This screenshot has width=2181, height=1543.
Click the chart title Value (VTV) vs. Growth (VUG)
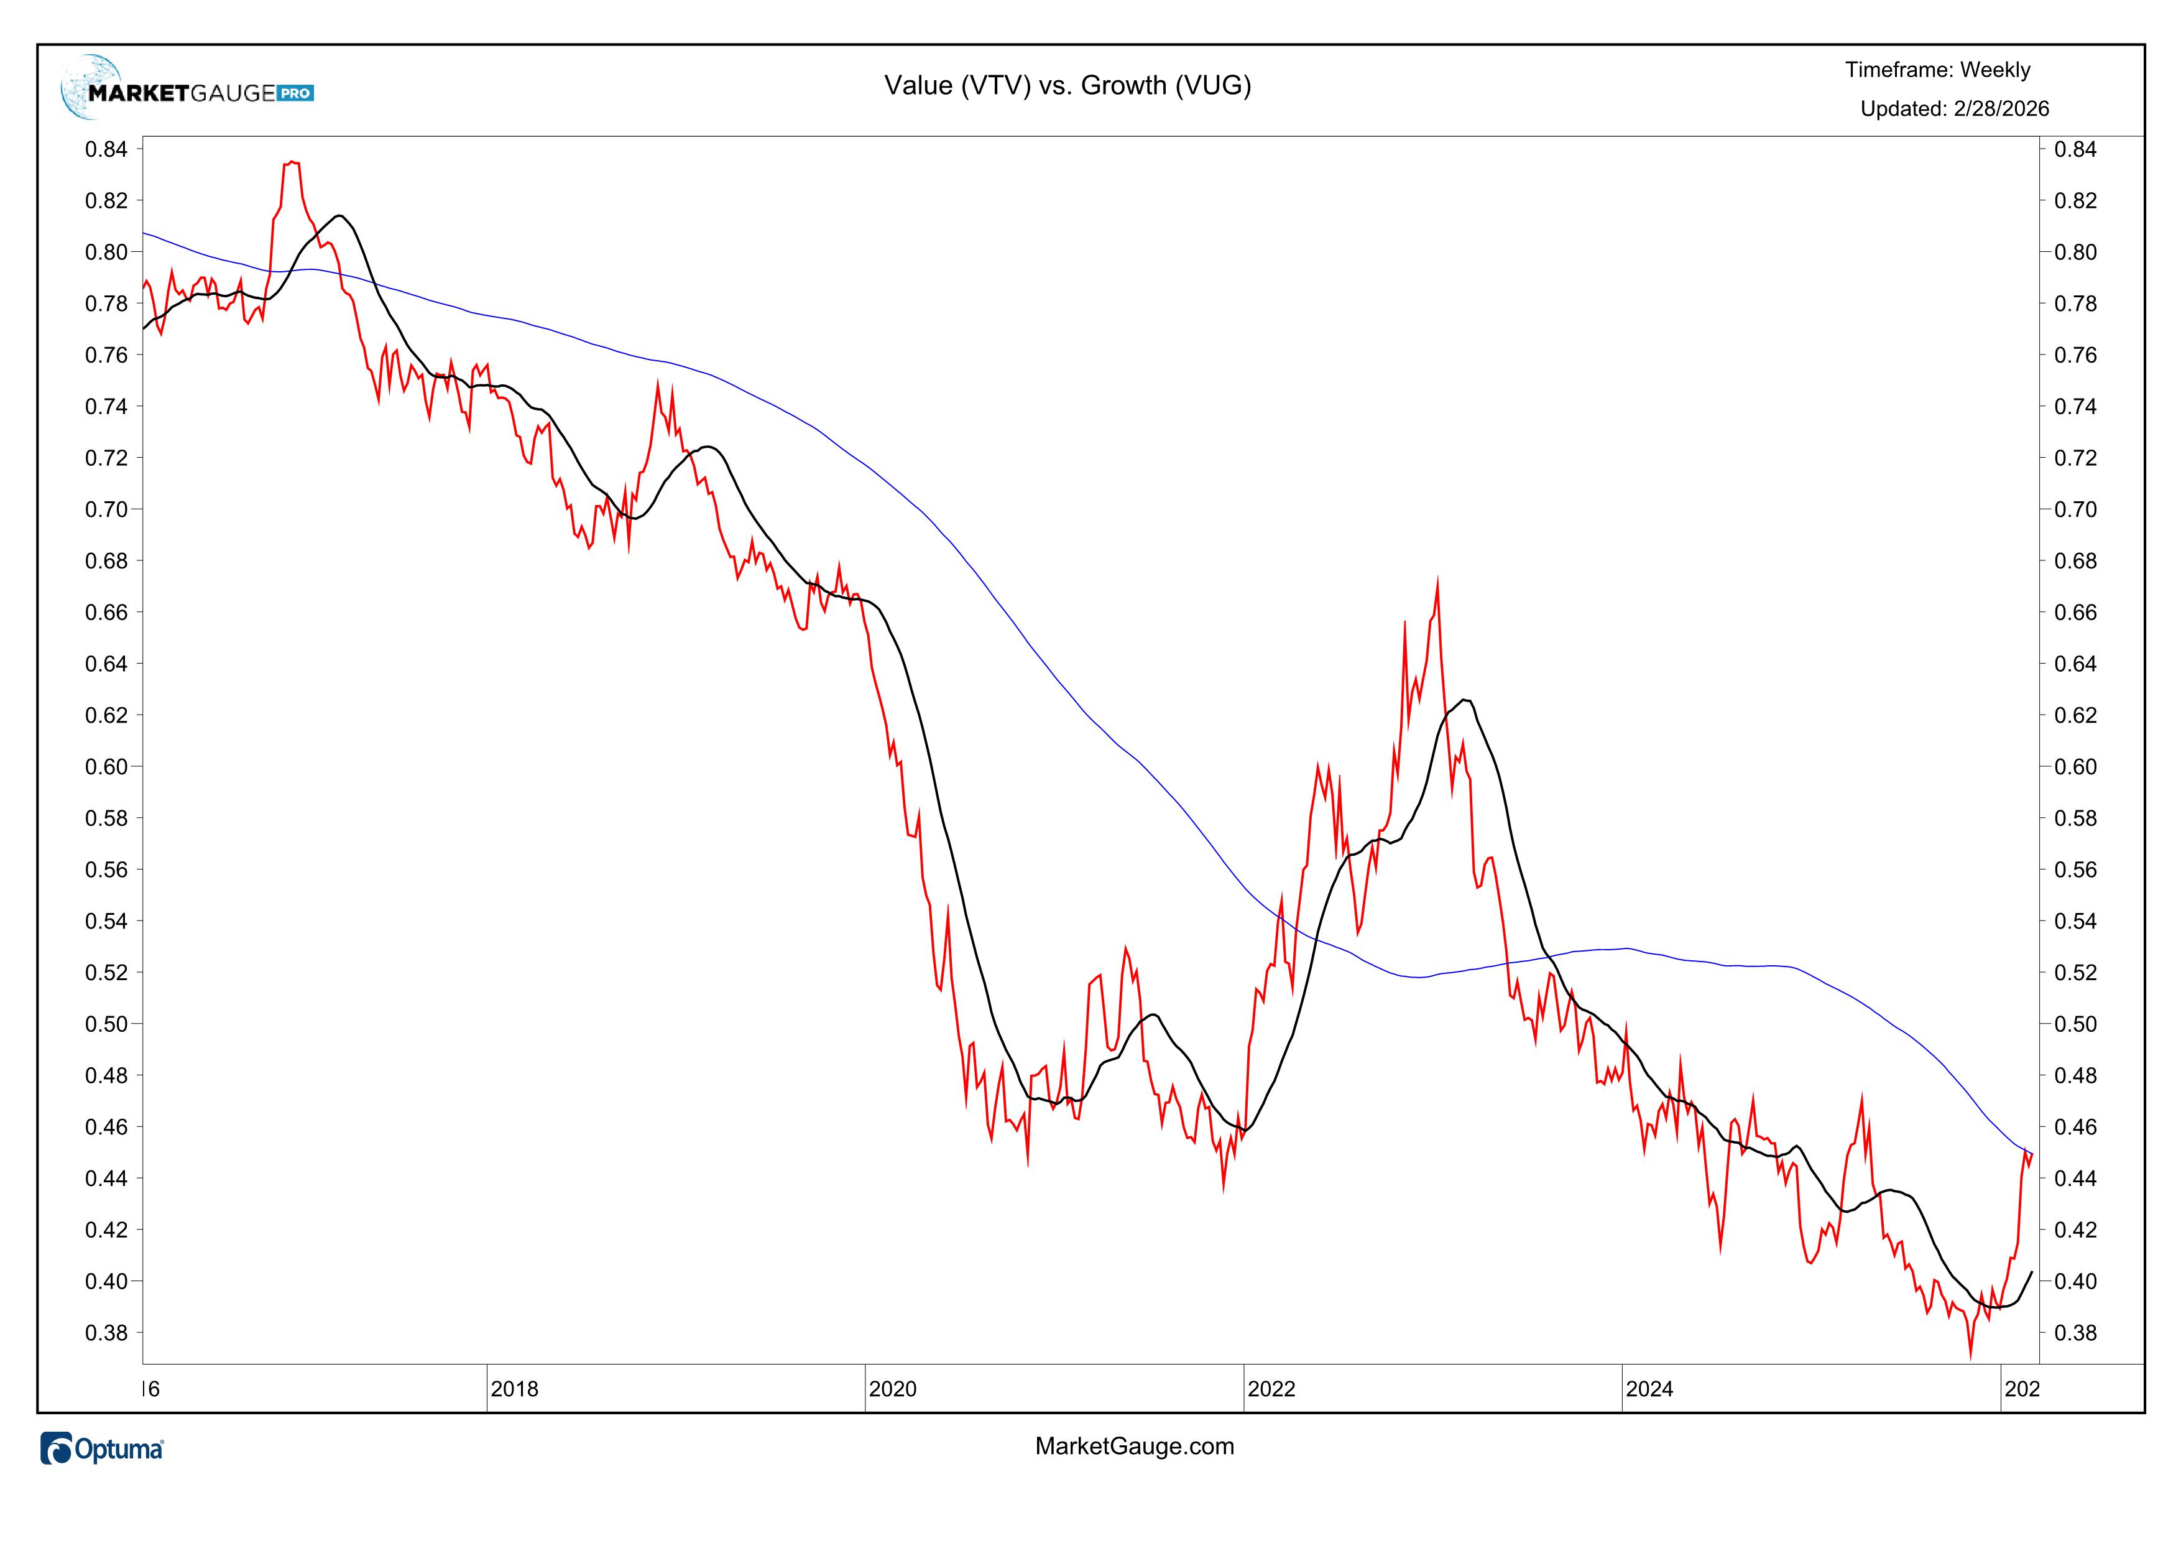(1067, 85)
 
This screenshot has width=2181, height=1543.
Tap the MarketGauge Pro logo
(187, 90)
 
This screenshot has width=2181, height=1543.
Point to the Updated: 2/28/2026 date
(1954, 109)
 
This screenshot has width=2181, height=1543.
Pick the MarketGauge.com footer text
(1134, 1446)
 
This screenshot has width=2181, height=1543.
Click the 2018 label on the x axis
(514, 1389)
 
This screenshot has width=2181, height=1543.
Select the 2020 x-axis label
(893, 1389)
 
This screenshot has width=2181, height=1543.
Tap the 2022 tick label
(1271, 1389)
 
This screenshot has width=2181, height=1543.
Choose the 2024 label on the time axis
(1649, 1389)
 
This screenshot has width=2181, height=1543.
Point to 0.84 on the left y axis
(106, 149)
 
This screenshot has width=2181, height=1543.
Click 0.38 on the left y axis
(106, 1333)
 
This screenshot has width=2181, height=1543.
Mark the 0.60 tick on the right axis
(2075, 767)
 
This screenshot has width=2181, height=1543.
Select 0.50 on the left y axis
(106, 1024)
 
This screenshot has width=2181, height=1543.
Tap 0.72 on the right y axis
(2075, 458)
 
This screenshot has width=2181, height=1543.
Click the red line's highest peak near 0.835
(292, 162)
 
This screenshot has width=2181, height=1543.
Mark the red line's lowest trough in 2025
(1970, 1358)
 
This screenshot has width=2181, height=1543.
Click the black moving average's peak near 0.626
(1466, 700)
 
